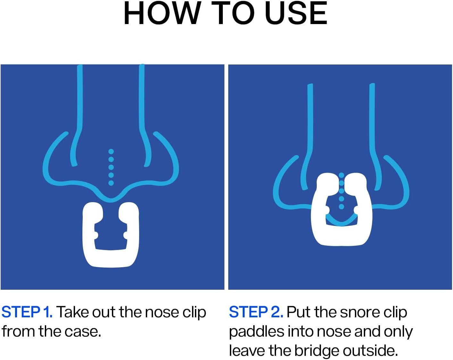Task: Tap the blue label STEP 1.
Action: (27, 312)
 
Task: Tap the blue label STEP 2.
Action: (256, 312)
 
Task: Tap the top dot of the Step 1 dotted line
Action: (111, 151)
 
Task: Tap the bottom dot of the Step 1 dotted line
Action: (111, 183)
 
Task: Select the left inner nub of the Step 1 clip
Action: (95, 235)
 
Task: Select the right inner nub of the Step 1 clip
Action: (126, 235)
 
